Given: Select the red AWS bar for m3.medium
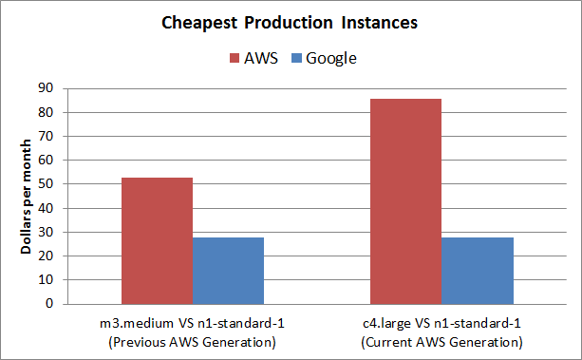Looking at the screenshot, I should point(157,240).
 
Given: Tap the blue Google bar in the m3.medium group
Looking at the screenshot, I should point(228,271).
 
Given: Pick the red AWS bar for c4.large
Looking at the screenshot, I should point(405,201).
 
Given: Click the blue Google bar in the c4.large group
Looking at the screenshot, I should point(478,271).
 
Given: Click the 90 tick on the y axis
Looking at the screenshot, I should point(45,88).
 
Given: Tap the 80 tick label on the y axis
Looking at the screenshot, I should point(45,112).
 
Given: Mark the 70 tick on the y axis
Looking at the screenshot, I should point(45,136).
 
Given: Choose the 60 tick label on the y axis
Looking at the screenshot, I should point(45,161).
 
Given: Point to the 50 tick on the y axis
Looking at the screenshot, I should point(45,184).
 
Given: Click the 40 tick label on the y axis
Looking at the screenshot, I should point(45,208).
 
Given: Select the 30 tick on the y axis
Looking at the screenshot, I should point(45,232).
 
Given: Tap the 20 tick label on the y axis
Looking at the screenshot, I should point(45,256).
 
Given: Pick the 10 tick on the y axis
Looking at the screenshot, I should point(45,280).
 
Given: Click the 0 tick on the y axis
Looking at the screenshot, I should point(48,304).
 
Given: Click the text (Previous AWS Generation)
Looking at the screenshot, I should point(192,341).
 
